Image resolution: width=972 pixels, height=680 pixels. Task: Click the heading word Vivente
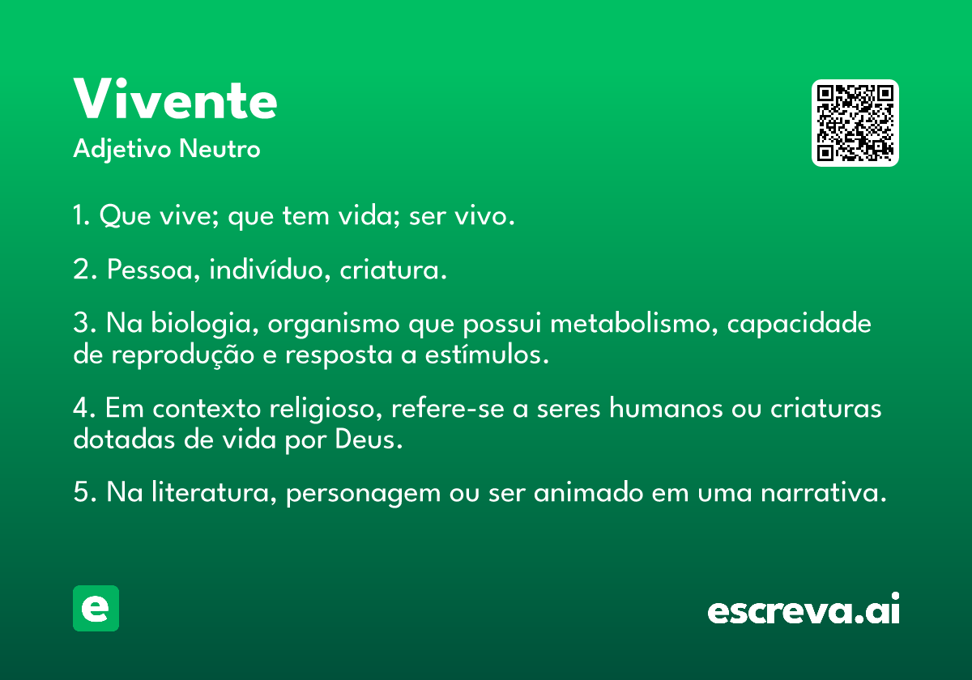point(175,99)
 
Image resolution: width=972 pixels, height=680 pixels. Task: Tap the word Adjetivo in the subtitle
point(122,150)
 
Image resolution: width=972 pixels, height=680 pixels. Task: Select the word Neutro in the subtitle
point(220,149)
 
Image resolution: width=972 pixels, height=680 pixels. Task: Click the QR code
point(855,123)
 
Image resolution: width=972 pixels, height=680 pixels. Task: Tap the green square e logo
point(96,608)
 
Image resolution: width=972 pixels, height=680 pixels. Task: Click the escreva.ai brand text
point(804,609)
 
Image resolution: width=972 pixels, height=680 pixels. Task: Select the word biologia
point(205,325)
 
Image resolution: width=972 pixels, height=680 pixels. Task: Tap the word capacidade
point(799,325)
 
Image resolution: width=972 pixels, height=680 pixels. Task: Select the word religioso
point(326,410)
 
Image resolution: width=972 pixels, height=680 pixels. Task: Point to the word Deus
point(369,440)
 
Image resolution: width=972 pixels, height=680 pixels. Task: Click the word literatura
point(214,492)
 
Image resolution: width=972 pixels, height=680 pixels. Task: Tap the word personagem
point(363,495)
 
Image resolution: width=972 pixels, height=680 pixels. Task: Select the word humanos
point(666,408)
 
